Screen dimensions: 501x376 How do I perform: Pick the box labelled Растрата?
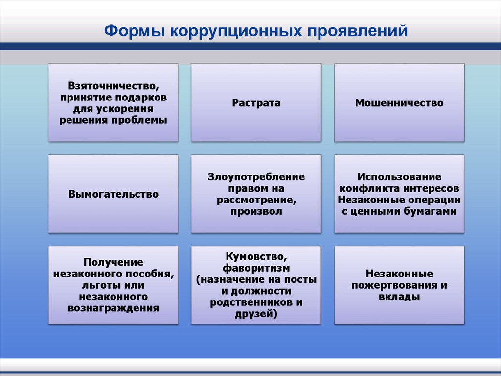point(256,103)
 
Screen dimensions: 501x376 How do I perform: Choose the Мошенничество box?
point(399,103)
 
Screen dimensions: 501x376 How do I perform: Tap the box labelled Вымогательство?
point(114,194)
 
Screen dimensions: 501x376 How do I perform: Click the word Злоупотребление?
point(256,176)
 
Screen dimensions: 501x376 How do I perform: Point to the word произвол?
point(256,212)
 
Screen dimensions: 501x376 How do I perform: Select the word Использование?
point(399,176)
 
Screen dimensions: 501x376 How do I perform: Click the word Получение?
point(113,262)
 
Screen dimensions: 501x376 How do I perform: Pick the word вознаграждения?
point(114,308)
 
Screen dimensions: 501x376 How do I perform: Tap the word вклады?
point(399,297)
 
